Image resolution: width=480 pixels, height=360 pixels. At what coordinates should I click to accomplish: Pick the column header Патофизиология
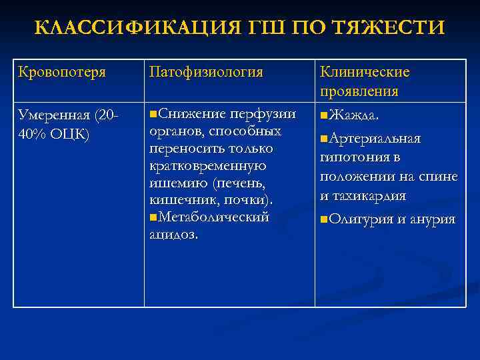click(206, 72)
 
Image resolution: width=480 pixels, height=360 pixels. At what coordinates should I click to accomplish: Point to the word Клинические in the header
click(365, 72)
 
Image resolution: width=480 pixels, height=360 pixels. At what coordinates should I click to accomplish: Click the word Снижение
click(187, 114)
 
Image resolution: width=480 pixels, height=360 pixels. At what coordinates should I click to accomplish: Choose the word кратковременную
click(207, 166)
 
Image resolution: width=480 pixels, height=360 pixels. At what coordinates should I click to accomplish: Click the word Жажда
click(355, 116)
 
